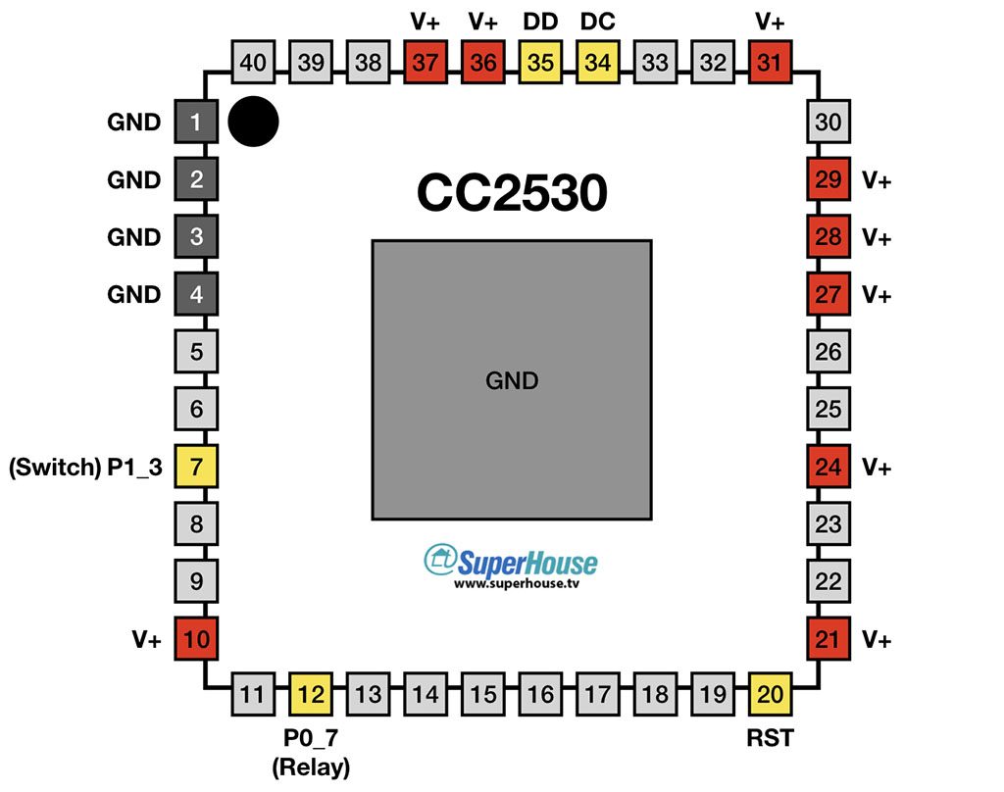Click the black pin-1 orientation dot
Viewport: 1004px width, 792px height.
tap(254, 122)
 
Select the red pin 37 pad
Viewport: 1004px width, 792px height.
tap(426, 62)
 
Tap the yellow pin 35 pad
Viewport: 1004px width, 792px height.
tap(540, 62)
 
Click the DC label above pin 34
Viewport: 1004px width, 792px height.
tap(597, 22)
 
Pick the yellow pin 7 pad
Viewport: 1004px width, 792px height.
tap(196, 467)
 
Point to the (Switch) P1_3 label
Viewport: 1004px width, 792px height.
tap(86, 468)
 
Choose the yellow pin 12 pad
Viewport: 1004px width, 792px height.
tap(311, 694)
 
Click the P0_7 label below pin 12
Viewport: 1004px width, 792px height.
tap(311, 738)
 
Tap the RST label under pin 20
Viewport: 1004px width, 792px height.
tap(770, 738)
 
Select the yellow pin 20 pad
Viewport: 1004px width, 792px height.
tap(770, 694)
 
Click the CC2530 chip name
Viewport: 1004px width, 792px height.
tap(512, 193)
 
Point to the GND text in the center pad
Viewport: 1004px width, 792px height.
tap(512, 381)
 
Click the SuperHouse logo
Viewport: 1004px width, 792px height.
tap(510, 563)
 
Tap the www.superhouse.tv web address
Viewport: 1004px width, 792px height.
tap(517, 583)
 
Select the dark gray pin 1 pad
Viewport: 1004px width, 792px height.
tap(196, 121)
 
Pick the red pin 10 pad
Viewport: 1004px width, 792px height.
tap(196, 638)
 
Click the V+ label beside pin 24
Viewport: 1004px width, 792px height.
tap(876, 467)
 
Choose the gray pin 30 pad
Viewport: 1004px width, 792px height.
tap(828, 121)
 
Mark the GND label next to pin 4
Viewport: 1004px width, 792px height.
tap(133, 294)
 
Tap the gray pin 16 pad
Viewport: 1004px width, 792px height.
tap(540, 694)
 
